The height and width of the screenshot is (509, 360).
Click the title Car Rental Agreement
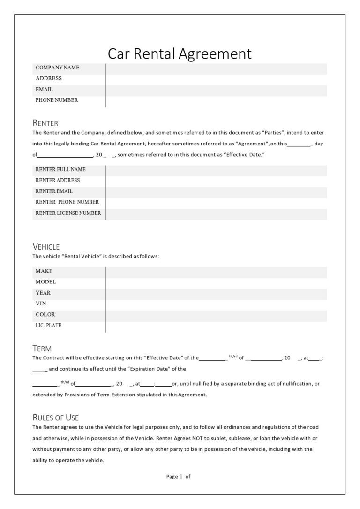[x=180, y=53]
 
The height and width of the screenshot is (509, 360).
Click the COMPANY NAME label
[x=57, y=68]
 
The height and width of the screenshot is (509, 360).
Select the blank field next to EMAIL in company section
[x=216, y=89]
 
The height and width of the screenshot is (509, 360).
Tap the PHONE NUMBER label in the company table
[x=57, y=100]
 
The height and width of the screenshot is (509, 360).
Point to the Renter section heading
[x=45, y=123]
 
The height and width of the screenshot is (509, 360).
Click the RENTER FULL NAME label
[x=60, y=169]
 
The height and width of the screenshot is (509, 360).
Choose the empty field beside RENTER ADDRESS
[x=216, y=180]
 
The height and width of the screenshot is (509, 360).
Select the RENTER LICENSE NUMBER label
[x=68, y=213]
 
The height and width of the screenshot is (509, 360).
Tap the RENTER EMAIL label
[x=54, y=191]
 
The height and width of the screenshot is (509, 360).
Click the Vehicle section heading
[x=46, y=247]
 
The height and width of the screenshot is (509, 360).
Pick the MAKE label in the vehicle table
[x=44, y=271]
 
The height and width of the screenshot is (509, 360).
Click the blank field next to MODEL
[x=216, y=282]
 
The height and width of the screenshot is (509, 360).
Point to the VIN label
[x=41, y=304]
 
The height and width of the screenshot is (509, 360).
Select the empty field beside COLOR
[x=216, y=314]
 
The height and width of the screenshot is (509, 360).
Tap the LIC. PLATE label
[x=48, y=325]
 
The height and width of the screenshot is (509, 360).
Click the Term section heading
[x=42, y=349]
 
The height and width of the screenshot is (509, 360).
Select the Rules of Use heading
[x=55, y=418]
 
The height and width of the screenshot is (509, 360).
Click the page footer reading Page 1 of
[x=179, y=476]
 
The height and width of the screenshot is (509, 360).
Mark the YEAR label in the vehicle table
[x=43, y=293]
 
